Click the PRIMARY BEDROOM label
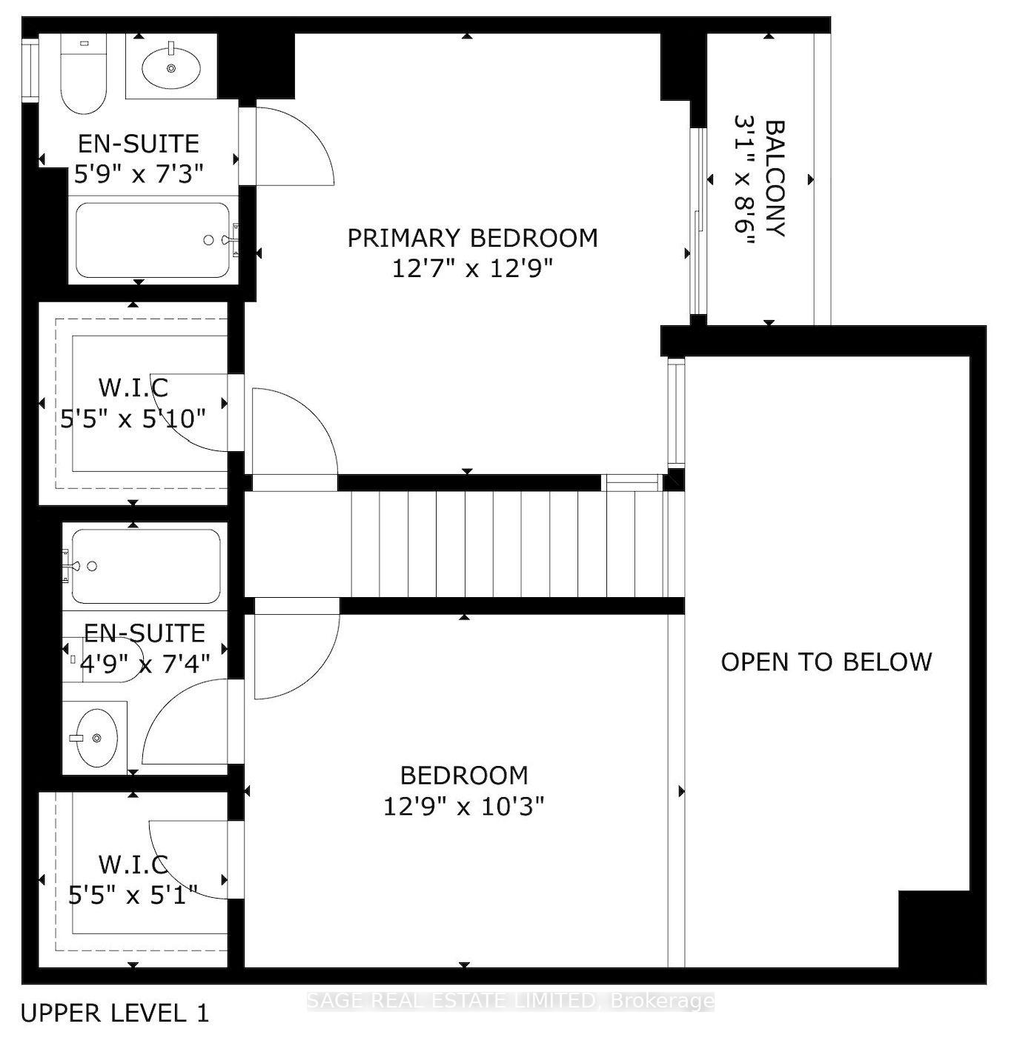coord(472,238)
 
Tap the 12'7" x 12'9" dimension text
coord(472,268)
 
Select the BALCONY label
coord(774,179)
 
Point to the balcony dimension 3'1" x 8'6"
coord(744,179)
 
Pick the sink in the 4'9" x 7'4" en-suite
coord(94,738)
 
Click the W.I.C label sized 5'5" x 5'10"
coord(133,387)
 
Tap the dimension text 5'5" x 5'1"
coord(133,896)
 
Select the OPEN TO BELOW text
coord(826,662)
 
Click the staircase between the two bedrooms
coord(511,544)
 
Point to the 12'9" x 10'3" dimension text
coord(464,805)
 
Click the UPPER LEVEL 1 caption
coord(115,1013)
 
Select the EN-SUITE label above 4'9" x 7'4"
coord(145,633)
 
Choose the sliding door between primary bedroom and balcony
coord(696,222)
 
